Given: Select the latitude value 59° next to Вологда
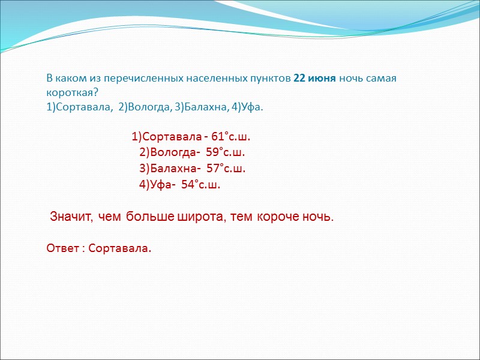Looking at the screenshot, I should pos(215,152).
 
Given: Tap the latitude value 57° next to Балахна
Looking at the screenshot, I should pos(216,168).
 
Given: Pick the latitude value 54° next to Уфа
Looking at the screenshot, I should pos(191,185).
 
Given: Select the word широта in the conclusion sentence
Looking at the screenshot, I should pos(196,216).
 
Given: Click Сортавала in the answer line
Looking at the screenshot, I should pos(119,248).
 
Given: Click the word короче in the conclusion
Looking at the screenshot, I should pos(278,216).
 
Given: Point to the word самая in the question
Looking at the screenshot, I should pos(383,80).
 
